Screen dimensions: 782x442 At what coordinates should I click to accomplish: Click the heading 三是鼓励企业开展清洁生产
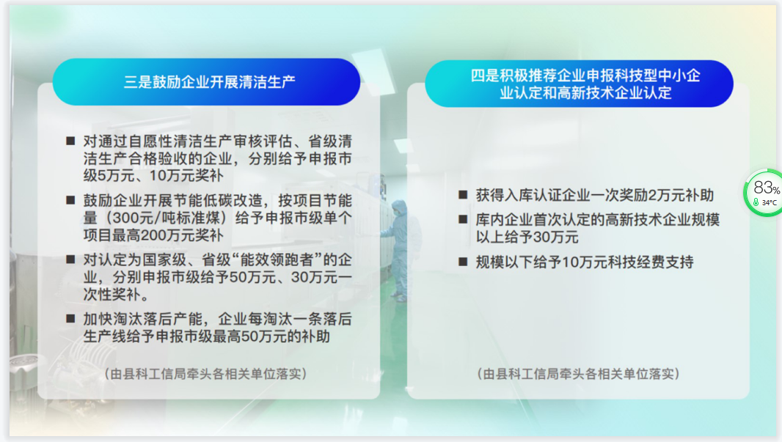(210, 81)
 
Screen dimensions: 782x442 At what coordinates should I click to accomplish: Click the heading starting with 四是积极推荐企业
(585, 84)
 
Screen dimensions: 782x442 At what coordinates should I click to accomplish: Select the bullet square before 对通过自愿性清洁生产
(70, 141)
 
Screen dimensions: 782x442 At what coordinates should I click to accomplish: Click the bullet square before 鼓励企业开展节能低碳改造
(70, 200)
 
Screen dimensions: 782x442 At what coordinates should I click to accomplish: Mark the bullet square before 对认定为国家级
(70, 259)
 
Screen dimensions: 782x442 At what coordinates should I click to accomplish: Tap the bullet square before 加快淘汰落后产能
(70, 319)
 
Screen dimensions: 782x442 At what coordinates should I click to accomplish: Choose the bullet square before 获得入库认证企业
(463, 195)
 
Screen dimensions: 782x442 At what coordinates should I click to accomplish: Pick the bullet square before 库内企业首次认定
(463, 219)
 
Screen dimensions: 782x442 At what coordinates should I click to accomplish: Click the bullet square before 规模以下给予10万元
(463, 262)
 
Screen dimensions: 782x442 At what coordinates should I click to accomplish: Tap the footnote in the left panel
(205, 374)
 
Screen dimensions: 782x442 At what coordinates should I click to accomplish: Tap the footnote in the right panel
(578, 374)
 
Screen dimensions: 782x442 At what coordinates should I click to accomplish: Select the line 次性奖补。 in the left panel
(116, 295)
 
